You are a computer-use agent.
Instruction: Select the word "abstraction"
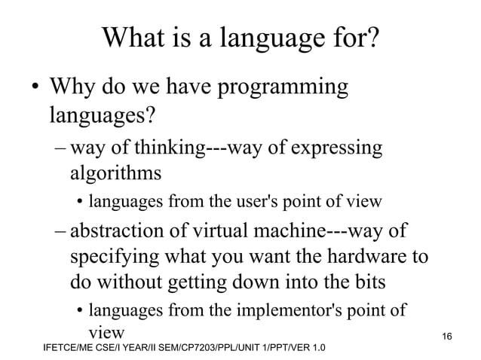121,230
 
